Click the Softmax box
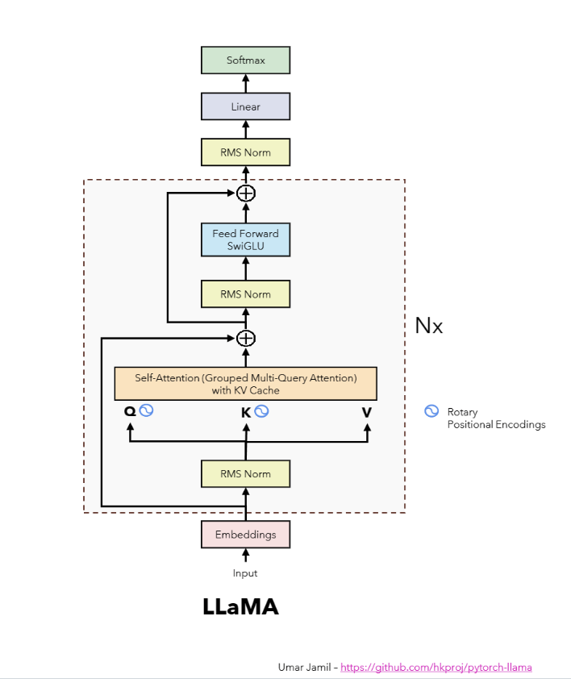click(245, 60)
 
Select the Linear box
click(245, 107)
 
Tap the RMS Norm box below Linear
click(245, 152)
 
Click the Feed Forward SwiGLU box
click(245, 239)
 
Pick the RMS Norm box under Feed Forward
click(245, 294)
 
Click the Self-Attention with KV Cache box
click(245, 384)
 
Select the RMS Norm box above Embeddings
click(245, 474)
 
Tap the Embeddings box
click(245, 535)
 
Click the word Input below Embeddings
click(245, 573)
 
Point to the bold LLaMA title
click(240, 607)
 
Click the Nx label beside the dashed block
click(428, 326)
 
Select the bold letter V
click(367, 412)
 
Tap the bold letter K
click(246, 412)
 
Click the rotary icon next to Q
click(146, 410)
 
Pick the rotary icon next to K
click(261, 411)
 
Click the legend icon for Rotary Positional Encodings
click(431, 412)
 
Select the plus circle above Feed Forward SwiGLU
click(245, 193)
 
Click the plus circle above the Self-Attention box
click(245, 338)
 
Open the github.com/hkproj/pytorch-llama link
click(436, 668)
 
